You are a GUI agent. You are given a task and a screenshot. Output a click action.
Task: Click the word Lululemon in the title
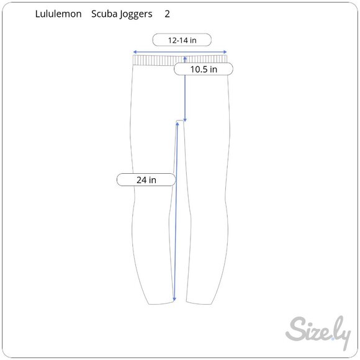tap(58, 14)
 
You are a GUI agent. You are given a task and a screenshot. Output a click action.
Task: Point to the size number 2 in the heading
tap(167, 14)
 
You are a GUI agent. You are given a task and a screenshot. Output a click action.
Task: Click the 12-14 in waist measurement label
tap(182, 40)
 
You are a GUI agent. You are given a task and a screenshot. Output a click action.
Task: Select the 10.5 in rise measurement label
tap(204, 69)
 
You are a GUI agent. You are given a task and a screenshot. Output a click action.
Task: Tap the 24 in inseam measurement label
tap(146, 180)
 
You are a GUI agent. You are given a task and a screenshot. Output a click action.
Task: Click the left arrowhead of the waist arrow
tap(135, 52)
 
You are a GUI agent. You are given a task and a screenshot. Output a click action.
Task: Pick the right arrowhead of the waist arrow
tap(225, 52)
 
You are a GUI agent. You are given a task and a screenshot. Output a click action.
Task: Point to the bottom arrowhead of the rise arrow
tap(185, 120)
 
